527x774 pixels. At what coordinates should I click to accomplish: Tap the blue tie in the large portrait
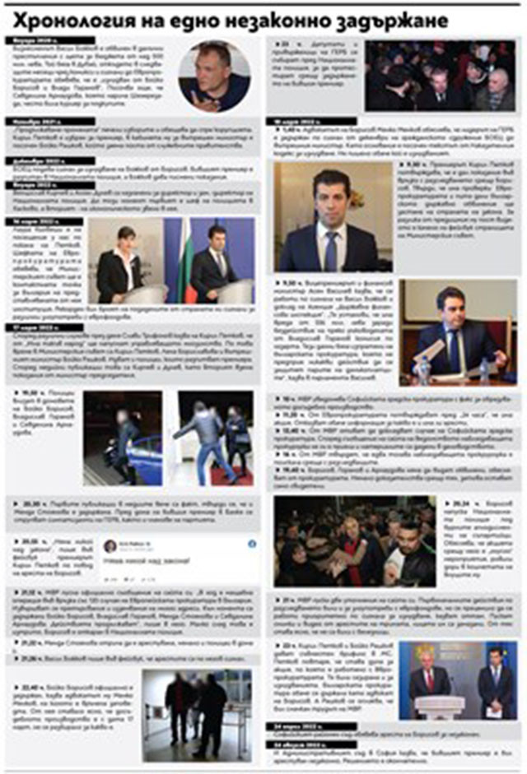click(331, 250)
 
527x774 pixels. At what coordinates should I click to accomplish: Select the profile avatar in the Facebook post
click(110, 546)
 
